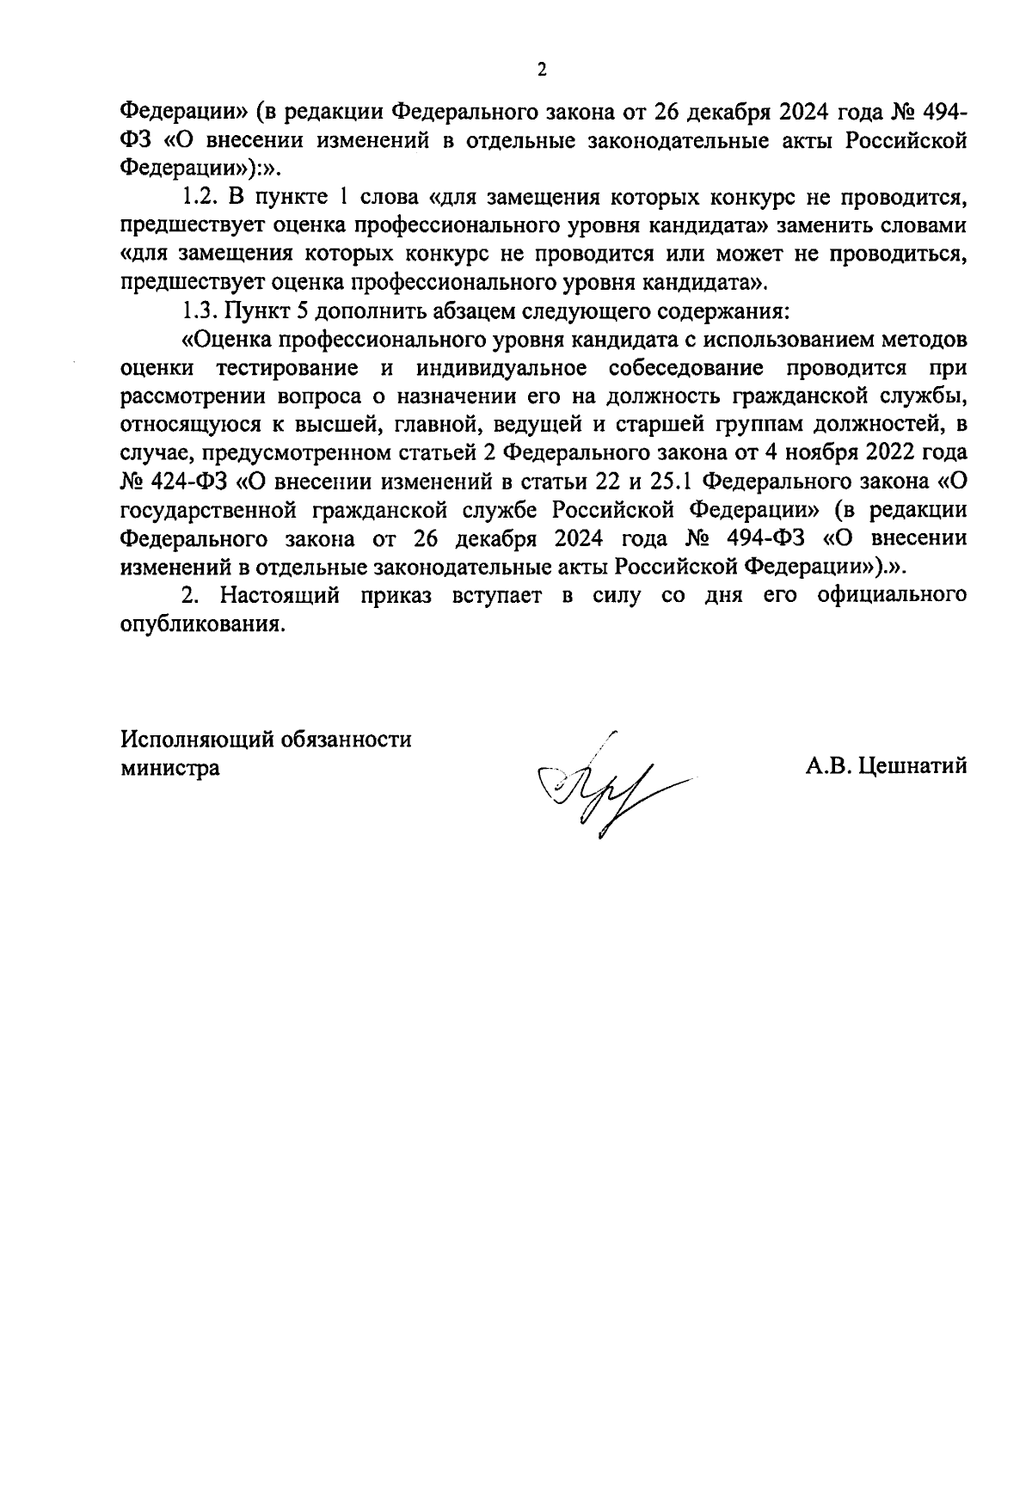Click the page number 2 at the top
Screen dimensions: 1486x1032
pyautogui.click(x=541, y=71)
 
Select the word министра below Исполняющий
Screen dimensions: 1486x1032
pyautogui.click(x=169, y=768)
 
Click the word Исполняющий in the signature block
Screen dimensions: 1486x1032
pyautogui.click(x=196, y=740)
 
